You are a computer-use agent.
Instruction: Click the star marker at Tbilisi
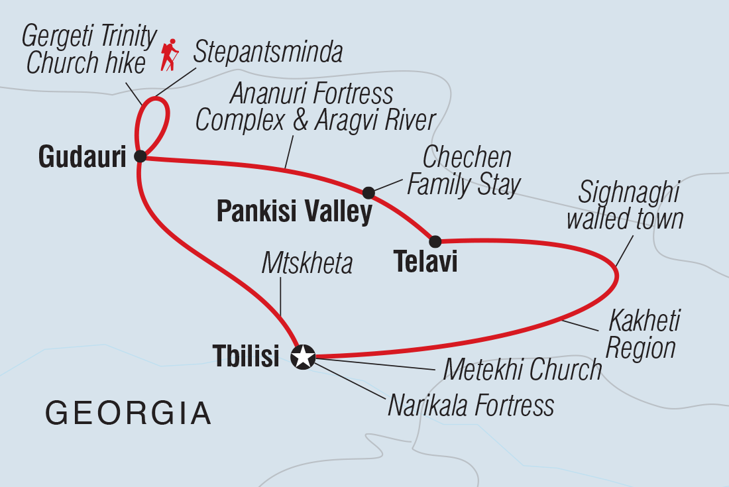[303, 357]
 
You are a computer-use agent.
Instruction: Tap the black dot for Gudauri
[140, 156]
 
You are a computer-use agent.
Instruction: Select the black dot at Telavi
[435, 241]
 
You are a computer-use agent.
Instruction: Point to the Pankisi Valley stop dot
[368, 193]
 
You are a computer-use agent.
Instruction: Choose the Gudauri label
[82, 157]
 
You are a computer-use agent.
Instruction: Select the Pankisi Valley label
[294, 213]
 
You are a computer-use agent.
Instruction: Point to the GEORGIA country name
[129, 413]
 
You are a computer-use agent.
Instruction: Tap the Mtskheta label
[306, 264]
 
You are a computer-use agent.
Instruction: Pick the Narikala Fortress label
[471, 405]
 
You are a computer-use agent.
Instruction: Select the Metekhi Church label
[522, 370]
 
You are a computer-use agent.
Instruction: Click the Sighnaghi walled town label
[624, 205]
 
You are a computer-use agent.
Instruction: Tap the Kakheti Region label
[641, 335]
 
